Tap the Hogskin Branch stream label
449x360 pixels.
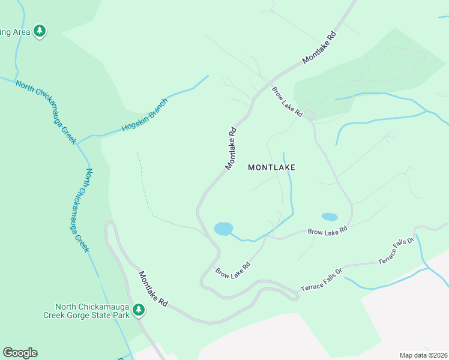[x=145, y=115]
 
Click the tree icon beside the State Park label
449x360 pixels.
[x=139, y=310]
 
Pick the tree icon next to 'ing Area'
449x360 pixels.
[x=40, y=31]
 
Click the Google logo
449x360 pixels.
[x=20, y=353]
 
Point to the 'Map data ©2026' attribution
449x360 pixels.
[x=424, y=355]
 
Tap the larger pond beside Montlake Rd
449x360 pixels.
[x=223, y=229]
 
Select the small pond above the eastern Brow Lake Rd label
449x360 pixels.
[x=329, y=217]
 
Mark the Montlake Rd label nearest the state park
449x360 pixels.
[x=154, y=290]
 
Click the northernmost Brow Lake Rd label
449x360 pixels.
[x=287, y=102]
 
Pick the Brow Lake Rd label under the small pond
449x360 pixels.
[x=328, y=230]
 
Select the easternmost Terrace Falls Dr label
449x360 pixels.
[x=396, y=251]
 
